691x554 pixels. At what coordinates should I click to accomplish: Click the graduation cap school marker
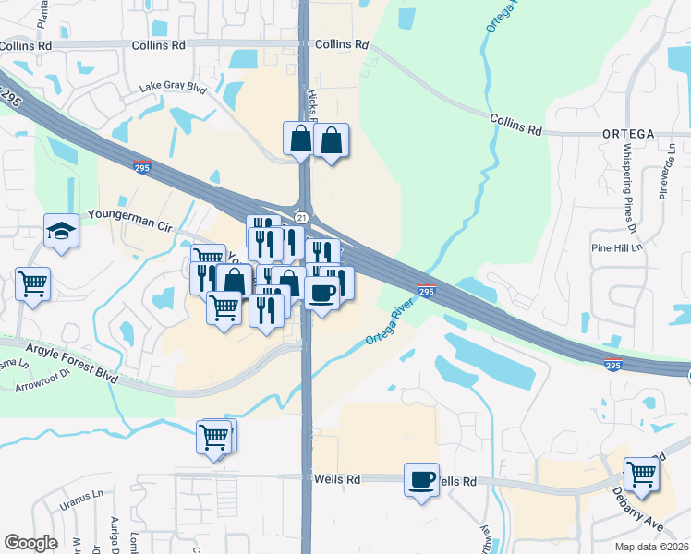pos(62,232)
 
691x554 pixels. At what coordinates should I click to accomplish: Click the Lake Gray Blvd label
pos(173,87)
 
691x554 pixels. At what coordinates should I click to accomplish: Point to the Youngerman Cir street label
pos(130,214)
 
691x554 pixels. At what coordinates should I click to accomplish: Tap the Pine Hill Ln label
pos(615,248)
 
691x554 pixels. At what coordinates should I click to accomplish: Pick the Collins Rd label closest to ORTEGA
pos(515,124)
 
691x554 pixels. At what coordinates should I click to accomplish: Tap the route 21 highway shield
pos(301,217)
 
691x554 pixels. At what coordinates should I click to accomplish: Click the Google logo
pos(30,543)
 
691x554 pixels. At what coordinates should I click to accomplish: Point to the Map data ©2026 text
pos(651,547)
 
